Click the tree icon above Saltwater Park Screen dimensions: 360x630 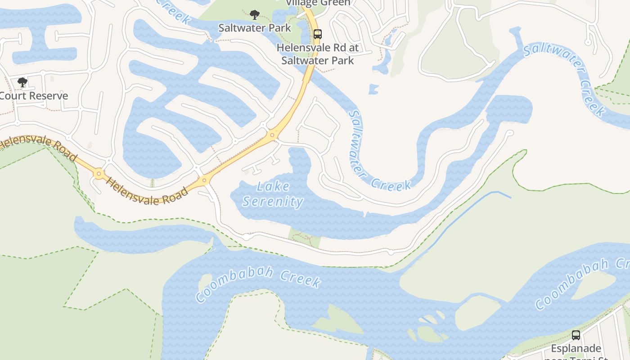[254, 15]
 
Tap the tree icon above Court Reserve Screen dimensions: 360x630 [22, 82]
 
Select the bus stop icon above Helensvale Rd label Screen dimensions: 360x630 [318, 34]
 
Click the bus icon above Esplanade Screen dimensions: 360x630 [576, 335]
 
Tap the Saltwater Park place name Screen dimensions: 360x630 [255, 28]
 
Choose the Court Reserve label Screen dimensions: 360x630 [34, 96]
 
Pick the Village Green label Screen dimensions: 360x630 [318, 3]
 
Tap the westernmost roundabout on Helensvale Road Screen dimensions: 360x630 [99, 173]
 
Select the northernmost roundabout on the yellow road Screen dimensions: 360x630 [272, 135]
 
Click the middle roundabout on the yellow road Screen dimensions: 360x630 [205, 180]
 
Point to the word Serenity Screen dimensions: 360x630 [273, 201]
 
